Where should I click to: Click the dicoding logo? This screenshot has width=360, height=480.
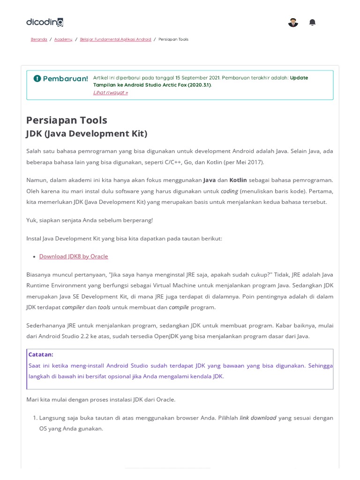[x=45, y=22]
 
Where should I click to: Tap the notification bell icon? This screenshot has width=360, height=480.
[x=312, y=22]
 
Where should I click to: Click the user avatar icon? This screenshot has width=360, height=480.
[x=293, y=22]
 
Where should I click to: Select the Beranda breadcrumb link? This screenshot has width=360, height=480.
[x=39, y=39]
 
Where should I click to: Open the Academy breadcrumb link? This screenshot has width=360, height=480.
[x=63, y=39]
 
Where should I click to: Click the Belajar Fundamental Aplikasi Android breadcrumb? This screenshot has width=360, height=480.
[x=116, y=39]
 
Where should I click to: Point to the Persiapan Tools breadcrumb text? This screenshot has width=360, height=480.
[x=173, y=39]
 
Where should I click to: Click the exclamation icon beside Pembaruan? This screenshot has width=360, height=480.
[x=37, y=78]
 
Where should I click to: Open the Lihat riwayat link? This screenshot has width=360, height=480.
[x=111, y=92]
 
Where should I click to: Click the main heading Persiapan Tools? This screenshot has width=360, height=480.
[x=67, y=120]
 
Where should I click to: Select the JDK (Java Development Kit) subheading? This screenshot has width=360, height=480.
[x=87, y=134]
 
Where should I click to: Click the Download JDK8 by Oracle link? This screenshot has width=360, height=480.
[x=74, y=256]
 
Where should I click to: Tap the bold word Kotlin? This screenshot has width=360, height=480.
[x=238, y=180]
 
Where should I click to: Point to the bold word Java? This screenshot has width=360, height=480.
[x=209, y=180]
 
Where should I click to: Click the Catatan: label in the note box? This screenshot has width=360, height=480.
[x=41, y=354]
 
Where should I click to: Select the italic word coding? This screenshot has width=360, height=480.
[x=229, y=191]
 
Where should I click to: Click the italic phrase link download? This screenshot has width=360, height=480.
[x=258, y=418]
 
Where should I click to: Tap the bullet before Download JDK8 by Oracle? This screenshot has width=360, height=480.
[x=35, y=257]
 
